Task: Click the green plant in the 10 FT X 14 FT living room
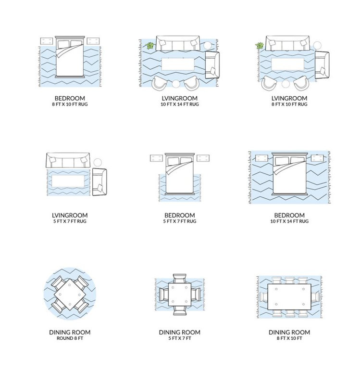149,46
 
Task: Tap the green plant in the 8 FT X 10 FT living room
259,46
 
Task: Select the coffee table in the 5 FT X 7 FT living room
68,181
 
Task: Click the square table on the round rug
70,294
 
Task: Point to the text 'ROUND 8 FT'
70,338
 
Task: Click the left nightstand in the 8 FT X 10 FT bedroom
47,41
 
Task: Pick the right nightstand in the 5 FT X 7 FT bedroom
203,158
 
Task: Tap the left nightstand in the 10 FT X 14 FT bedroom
261,158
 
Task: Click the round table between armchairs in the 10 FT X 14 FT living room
176,84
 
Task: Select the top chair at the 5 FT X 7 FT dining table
179,279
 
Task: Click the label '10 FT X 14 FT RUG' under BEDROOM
289,221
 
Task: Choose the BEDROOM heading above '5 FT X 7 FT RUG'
179,215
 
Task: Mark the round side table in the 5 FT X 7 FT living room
98,163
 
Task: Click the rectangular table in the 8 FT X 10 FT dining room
289,297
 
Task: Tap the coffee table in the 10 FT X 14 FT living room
178,64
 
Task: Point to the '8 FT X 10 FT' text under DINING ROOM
289,338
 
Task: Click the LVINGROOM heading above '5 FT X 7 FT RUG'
70,215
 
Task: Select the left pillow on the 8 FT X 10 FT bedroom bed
63,44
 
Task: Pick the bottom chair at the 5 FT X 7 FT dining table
179,310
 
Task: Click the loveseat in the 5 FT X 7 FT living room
99,182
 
